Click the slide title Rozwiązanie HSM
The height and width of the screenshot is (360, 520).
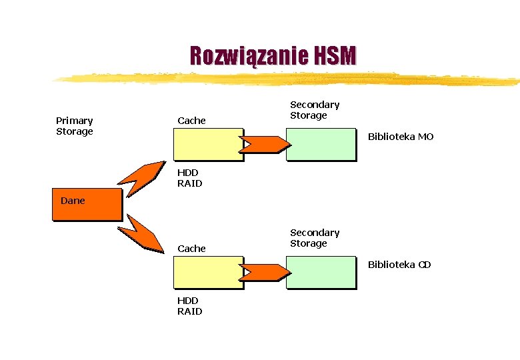(x=273, y=56)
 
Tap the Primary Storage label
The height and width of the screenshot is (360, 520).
(x=75, y=126)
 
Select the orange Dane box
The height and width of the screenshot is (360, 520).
(x=87, y=204)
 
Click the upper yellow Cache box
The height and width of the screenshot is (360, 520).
(x=208, y=143)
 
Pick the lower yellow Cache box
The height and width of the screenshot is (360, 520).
(x=208, y=272)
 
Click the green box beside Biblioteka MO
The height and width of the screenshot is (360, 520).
(x=321, y=143)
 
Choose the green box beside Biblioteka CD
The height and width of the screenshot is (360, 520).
(x=321, y=272)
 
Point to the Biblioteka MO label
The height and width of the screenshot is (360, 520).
(x=401, y=137)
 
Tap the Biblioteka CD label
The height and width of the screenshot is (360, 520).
(x=399, y=265)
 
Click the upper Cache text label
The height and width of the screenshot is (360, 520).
(x=191, y=121)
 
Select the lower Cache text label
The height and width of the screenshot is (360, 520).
(x=191, y=249)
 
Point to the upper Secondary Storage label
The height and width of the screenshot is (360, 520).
(x=315, y=110)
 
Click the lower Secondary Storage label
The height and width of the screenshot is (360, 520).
(x=315, y=238)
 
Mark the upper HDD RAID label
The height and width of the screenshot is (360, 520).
(x=189, y=178)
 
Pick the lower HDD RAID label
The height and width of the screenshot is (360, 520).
(x=189, y=306)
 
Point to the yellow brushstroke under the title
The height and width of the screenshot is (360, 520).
(x=287, y=79)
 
